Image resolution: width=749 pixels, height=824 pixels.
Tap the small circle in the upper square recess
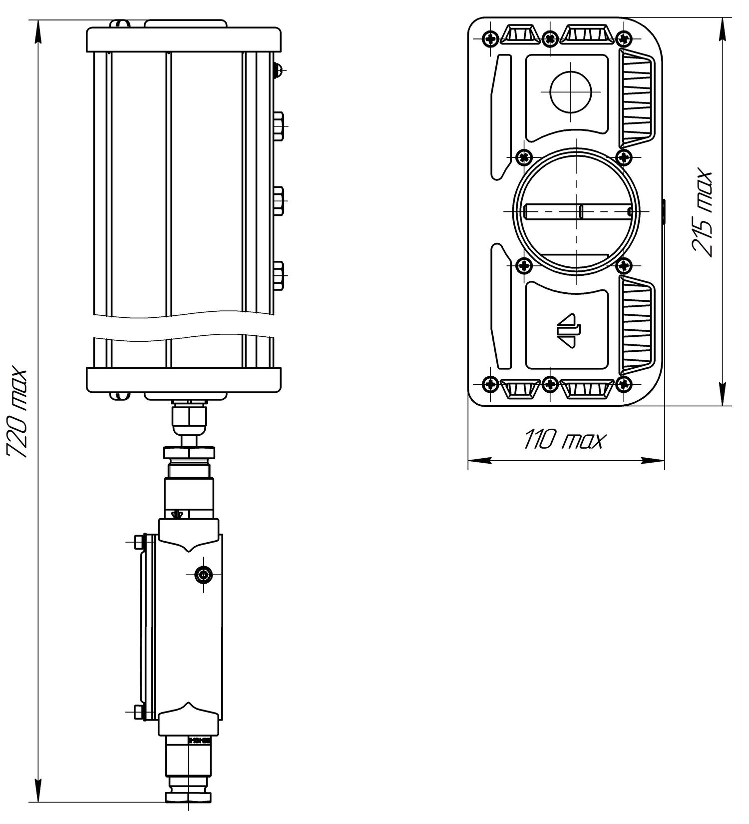click(570, 91)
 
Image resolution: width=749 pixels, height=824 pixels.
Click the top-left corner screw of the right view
click(491, 38)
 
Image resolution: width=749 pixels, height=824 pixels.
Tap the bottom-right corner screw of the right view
click(623, 383)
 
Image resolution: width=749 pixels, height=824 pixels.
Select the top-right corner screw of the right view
click(623, 38)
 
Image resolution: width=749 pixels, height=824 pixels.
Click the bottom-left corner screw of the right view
click(491, 383)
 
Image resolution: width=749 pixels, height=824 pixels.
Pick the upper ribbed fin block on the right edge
click(636, 97)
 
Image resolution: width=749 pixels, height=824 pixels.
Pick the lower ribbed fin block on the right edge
click(636, 324)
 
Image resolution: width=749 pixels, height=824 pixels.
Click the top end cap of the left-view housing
click(184, 39)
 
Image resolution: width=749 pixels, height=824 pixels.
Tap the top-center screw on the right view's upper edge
click(550, 38)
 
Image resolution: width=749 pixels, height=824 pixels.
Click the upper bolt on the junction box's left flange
click(138, 542)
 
